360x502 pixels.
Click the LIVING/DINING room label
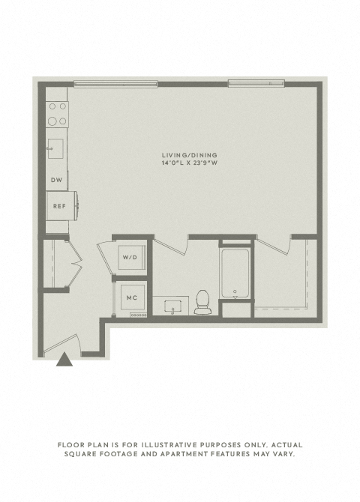pyautogui.click(x=190, y=155)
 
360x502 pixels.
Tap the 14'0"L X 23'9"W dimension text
pyautogui.click(x=190, y=163)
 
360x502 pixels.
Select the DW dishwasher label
pyautogui.click(x=57, y=180)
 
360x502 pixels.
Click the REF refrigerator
pyautogui.click(x=61, y=206)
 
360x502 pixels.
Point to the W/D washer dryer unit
pyautogui.click(x=130, y=258)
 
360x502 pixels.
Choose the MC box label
pyautogui.click(x=132, y=297)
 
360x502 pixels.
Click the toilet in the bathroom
pyautogui.click(x=202, y=302)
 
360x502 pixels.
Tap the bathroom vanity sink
pyautogui.click(x=172, y=306)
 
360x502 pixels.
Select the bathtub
pyautogui.click(x=235, y=273)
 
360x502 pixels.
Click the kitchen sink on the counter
pyautogui.click(x=55, y=148)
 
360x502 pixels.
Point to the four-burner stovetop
pyautogui.click(x=57, y=115)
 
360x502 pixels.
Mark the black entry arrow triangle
pyautogui.click(x=64, y=359)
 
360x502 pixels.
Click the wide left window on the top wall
pyautogui.click(x=115, y=84)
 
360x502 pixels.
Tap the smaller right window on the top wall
pyautogui.click(x=256, y=83)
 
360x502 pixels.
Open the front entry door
pyautogui.click(x=61, y=344)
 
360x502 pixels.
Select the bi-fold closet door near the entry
pyautogui.click(x=74, y=263)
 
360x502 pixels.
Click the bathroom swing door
pyautogui.click(x=170, y=245)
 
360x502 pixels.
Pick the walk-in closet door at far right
pyautogui.click(x=274, y=245)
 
